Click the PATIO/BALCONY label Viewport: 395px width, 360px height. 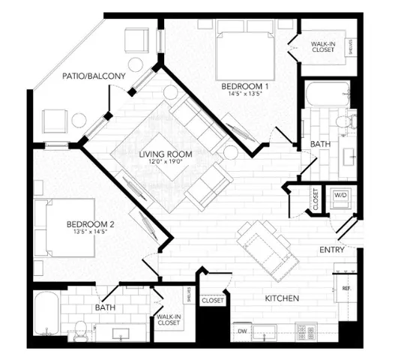tap(75, 75)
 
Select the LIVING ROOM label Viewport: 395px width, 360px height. tap(166, 154)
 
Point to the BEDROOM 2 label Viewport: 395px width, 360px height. tap(89, 223)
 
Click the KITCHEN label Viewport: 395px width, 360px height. tap(283, 298)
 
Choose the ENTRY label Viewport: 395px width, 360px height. tap(332, 250)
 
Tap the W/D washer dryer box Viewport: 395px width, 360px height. tap(341, 195)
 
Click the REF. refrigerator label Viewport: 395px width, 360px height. tap(347, 288)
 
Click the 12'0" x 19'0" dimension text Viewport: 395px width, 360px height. tap(166, 163)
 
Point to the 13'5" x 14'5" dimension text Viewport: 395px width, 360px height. tap(89, 232)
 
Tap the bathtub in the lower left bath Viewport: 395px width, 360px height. tap(46, 313)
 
